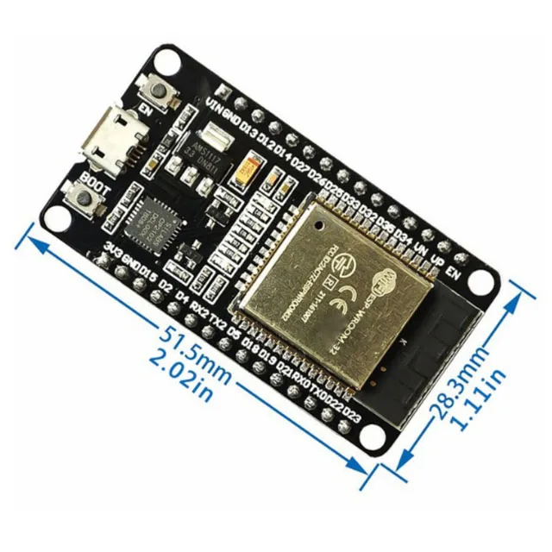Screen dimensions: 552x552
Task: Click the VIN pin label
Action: pyautogui.click(x=216, y=104)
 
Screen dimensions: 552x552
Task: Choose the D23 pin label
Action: pyautogui.click(x=350, y=416)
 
